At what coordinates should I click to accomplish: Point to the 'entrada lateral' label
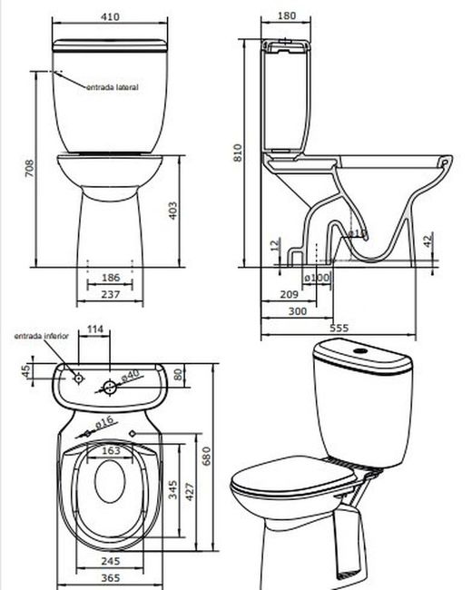point(112,87)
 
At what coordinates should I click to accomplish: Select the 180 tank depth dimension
point(286,16)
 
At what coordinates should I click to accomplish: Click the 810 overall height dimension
point(239,153)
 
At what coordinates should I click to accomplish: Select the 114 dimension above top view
point(94,329)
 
